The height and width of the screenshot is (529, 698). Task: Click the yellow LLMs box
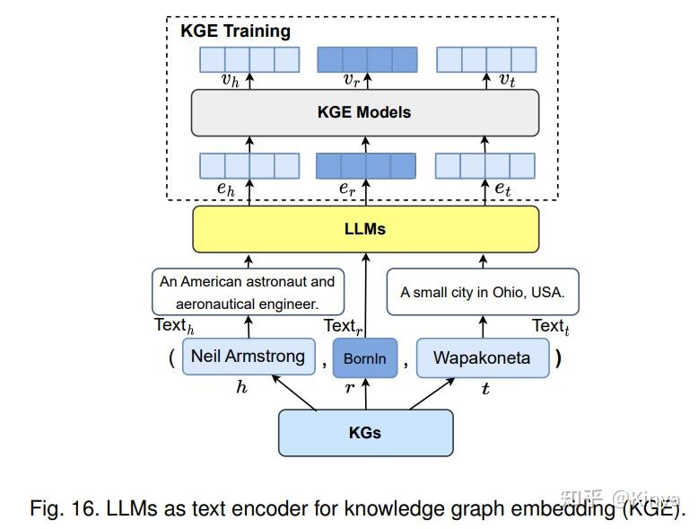(x=365, y=229)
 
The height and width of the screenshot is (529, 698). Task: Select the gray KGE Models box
(x=365, y=112)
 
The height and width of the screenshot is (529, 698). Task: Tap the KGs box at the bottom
(x=365, y=433)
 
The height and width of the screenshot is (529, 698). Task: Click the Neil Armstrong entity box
(x=249, y=357)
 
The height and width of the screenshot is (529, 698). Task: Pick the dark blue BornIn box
(x=365, y=357)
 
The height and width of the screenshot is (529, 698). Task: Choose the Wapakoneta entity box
(x=483, y=357)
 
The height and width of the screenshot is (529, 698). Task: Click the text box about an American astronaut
(x=248, y=292)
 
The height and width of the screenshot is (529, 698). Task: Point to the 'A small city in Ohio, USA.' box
(x=483, y=292)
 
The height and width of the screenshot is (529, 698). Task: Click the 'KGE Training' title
(x=235, y=31)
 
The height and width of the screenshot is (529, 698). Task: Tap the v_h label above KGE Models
(x=231, y=80)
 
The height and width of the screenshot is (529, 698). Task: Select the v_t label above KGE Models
(x=507, y=80)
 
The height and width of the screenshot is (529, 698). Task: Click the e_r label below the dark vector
(x=347, y=189)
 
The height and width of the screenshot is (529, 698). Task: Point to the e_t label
(x=502, y=189)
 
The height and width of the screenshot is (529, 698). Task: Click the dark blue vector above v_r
(x=367, y=59)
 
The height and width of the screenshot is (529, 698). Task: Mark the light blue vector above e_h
(x=249, y=166)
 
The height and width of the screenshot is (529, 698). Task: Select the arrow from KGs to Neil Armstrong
(x=293, y=392)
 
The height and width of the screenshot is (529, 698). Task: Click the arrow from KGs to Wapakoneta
(x=432, y=394)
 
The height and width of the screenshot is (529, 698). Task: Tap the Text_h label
(x=174, y=326)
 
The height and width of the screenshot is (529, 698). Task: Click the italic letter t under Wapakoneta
(x=485, y=389)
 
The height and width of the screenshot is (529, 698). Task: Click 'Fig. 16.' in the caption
(x=64, y=508)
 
